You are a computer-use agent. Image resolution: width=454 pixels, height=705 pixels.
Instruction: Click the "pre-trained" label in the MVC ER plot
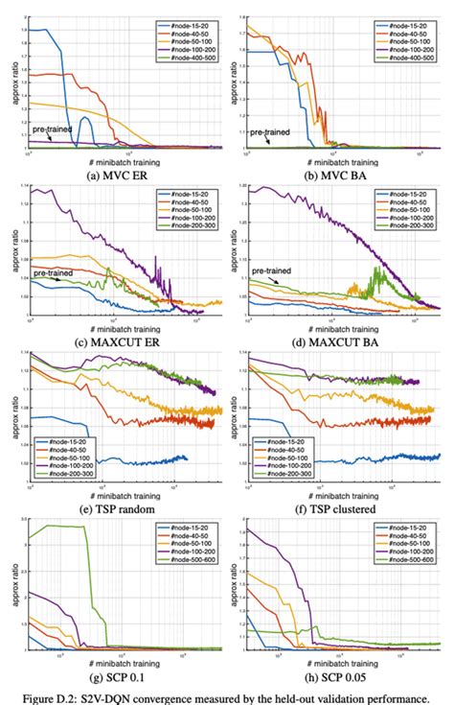[50, 127]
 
